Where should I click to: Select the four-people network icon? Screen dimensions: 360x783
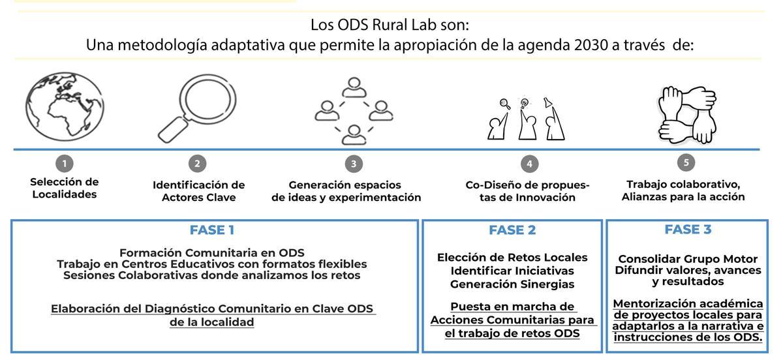click(x=354, y=111)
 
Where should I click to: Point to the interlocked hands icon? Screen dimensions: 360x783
click(x=684, y=112)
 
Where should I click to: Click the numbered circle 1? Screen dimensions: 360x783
click(x=64, y=164)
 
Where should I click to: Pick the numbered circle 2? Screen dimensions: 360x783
click(x=197, y=164)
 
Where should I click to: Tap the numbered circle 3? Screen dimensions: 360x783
click(x=354, y=164)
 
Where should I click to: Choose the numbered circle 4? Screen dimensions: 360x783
click(x=529, y=164)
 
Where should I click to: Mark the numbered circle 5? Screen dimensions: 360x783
click(x=685, y=162)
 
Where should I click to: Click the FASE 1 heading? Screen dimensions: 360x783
click(x=212, y=230)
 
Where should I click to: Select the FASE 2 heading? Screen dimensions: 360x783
click(x=512, y=230)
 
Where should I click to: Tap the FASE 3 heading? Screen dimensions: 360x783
click(x=688, y=230)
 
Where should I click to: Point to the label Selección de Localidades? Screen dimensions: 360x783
click(x=64, y=188)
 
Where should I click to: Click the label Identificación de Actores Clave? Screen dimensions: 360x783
click(x=198, y=191)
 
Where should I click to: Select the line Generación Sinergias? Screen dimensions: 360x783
click(x=512, y=284)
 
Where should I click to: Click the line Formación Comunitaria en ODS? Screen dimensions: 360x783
click(x=212, y=252)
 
